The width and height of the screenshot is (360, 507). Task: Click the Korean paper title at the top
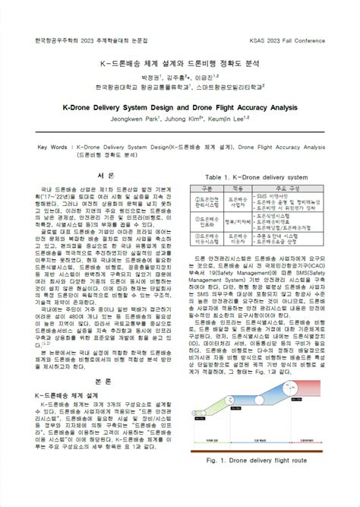coord(179,62)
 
